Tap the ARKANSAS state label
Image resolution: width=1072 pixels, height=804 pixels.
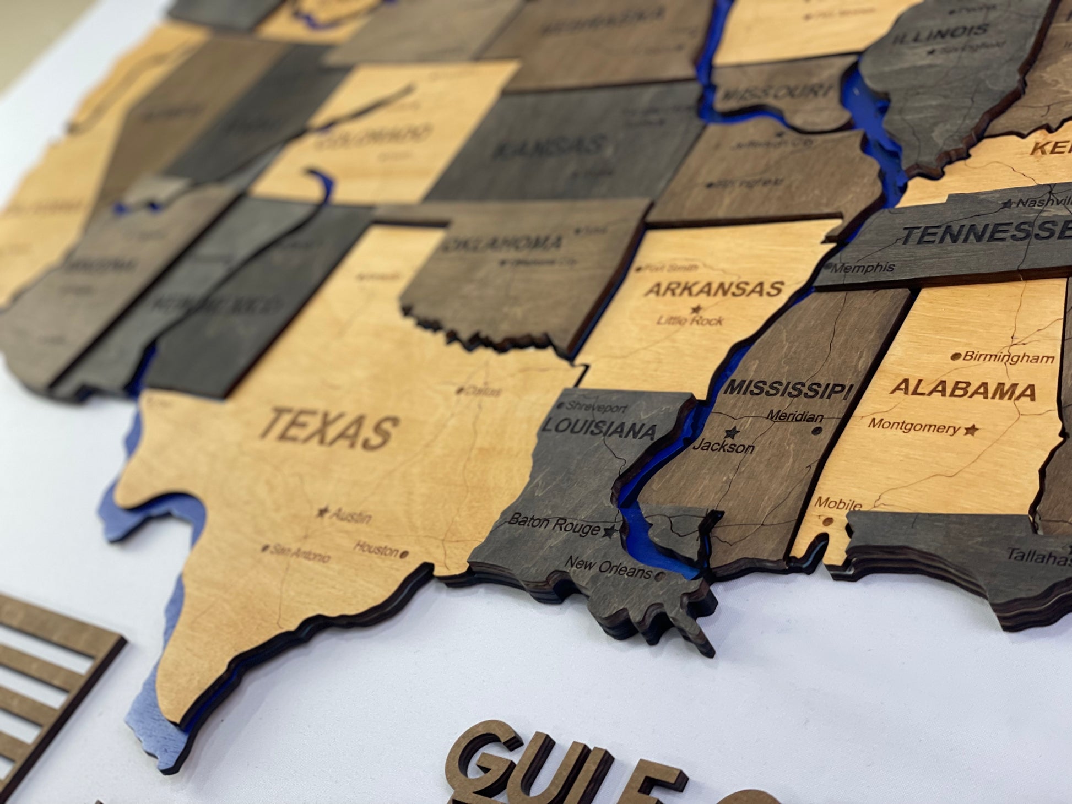(x=714, y=289)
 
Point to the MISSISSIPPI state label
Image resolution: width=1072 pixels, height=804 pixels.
(x=788, y=389)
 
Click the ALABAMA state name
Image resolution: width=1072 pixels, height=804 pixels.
(x=962, y=389)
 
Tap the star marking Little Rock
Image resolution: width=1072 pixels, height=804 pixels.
(x=696, y=309)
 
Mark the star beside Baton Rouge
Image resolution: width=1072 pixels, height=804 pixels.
(x=609, y=531)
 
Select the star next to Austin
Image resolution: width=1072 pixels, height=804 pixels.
(x=322, y=512)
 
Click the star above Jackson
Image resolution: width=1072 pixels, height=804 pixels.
(x=732, y=432)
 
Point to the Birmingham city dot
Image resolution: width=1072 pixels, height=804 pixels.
(x=957, y=356)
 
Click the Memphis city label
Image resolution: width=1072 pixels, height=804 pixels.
(x=863, y=268)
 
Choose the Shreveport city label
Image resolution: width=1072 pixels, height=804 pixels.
(x=597, y=408)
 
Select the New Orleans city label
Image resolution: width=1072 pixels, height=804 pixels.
(x=608, y=568)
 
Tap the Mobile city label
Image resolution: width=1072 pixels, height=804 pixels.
(x=838, y=503)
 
